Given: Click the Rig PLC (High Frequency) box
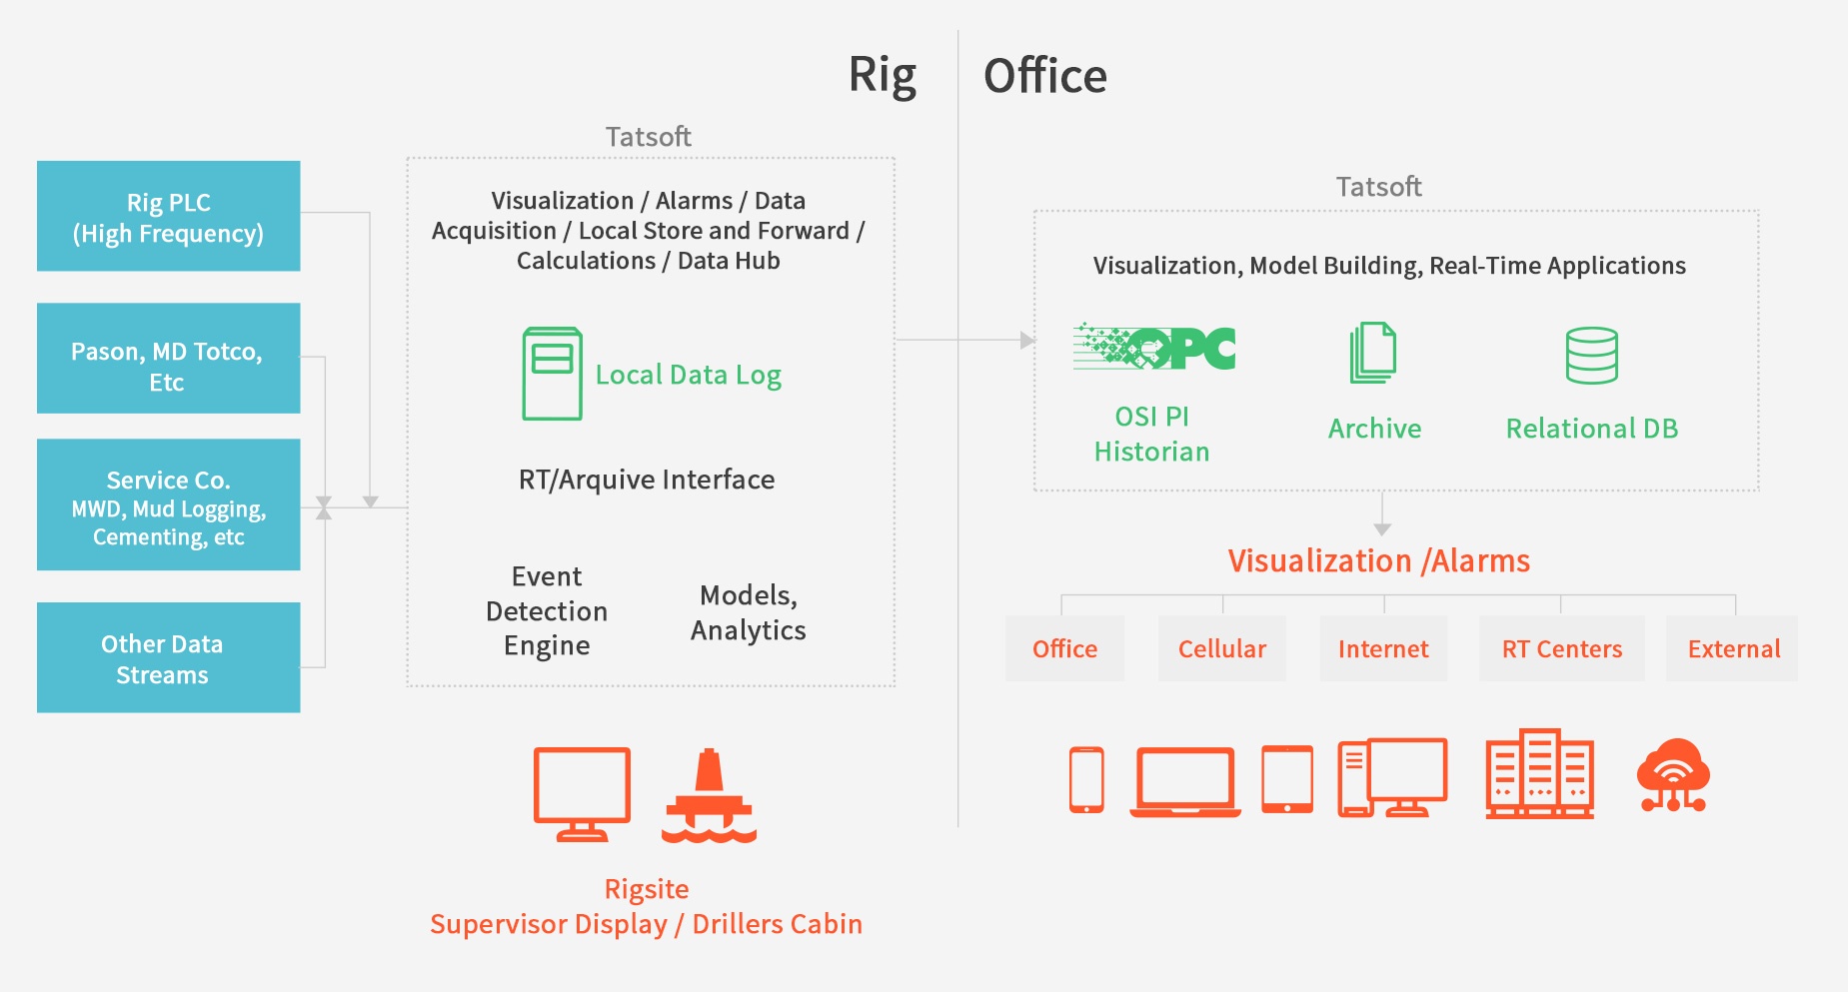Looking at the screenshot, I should coord(168,216).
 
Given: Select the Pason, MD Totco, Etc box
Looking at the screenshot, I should coord(168,358).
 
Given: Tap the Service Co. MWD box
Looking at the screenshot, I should coord(168,504).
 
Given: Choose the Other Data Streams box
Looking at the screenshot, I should coord(168,657).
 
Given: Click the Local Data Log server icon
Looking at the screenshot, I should coord(552,373).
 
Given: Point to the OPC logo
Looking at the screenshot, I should coord(1154,348).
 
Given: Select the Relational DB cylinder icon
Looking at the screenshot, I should coord(1591,356).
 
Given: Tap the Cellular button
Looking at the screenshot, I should coord(1221,649).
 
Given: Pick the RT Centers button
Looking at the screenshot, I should coord(1561,649).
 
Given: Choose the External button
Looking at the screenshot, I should coord(1733,649).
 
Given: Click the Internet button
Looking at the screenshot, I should coord(1383,649).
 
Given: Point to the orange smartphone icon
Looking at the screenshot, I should coord(1086,780).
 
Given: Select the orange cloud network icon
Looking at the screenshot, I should coord(1673,775).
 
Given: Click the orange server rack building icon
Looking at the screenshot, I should coord(1539,774).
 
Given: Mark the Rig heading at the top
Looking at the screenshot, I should coord(882,76).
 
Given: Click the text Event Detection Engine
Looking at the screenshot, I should coord(547,611).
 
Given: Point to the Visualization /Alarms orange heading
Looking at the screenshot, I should coord(1378,561).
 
